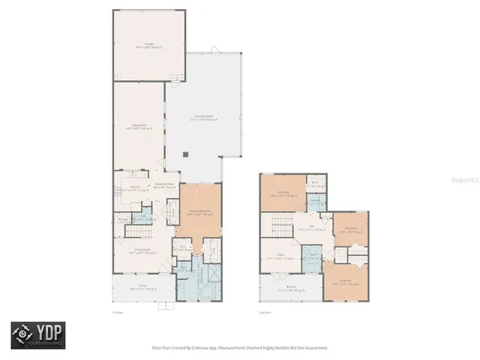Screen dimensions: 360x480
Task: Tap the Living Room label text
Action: (138, 128)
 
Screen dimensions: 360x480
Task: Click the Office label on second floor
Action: (280, 256)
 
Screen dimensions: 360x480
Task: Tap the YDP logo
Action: (37, 335)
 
